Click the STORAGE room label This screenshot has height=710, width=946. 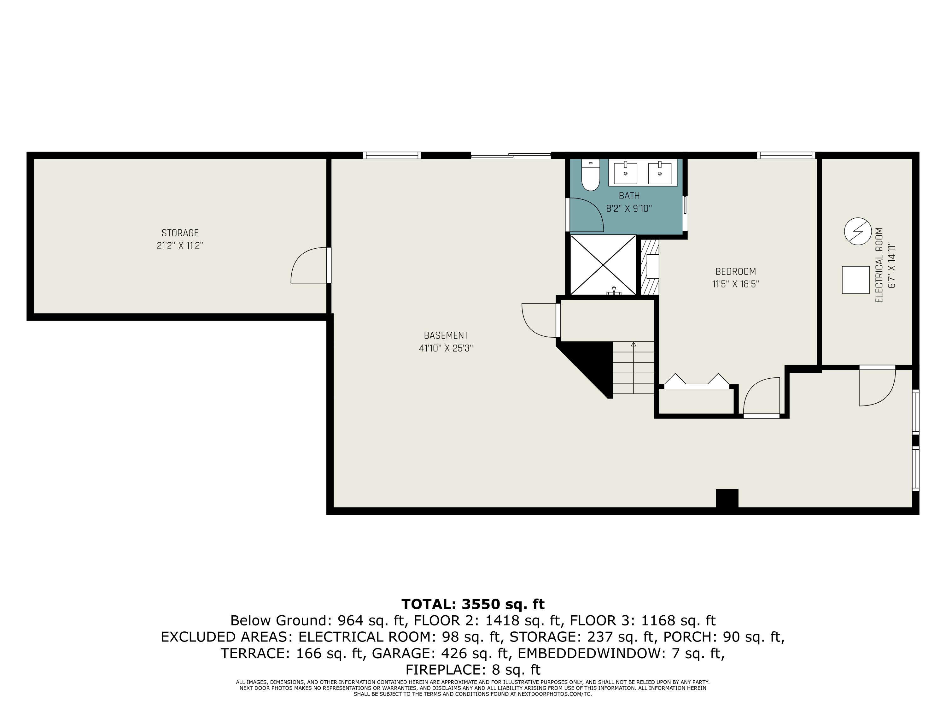(180, 233)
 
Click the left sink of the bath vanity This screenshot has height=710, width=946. (625, 173)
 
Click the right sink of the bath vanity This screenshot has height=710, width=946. (659, 173)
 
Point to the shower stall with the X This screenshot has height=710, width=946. (603, 265)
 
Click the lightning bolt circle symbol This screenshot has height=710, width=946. (857, 232)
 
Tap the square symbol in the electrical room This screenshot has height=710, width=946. (855, 280)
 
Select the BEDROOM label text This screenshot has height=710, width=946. (736, 272)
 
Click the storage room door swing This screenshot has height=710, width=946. (309, 266)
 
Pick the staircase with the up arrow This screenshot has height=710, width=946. (634, 368)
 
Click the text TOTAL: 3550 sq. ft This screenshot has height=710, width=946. (473, 604)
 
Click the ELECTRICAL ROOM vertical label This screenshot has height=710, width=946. (879, 265)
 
